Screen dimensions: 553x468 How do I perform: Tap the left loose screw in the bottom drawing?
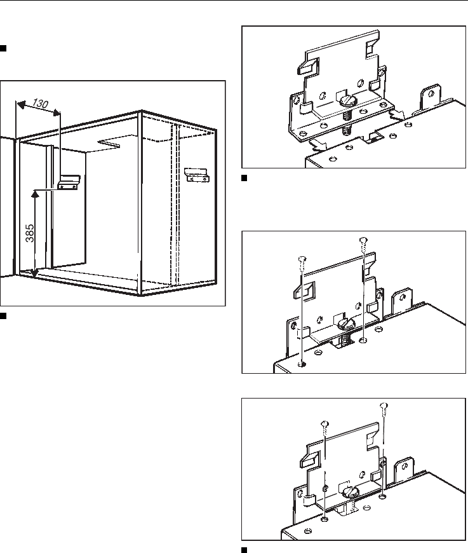click(325, 425)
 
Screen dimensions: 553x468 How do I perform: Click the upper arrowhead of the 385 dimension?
click(36, 193)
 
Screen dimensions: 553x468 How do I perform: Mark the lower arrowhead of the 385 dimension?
click(36, 275)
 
